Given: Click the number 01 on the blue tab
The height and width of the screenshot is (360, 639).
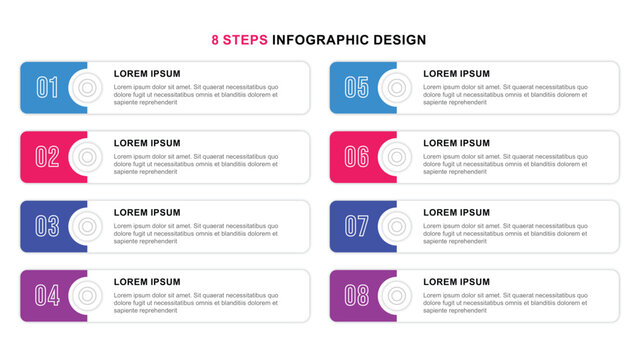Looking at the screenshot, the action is [x=47, y=88].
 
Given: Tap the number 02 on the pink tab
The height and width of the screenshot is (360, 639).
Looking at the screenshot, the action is [x=47, y=157].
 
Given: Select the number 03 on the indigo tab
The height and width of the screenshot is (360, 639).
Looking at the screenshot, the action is [x=47, y=226].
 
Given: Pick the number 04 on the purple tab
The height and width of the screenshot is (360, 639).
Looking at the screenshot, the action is [x=47, y=295].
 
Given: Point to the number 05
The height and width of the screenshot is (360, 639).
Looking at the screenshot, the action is [x=356, y=88].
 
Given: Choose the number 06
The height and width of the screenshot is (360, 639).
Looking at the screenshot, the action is [x=356, y=157].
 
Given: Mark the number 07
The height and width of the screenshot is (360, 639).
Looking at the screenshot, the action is [x=356, y=226].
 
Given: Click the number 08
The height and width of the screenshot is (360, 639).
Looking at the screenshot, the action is [x=356, y=295].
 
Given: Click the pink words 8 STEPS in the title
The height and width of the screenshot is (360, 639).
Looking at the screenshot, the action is [x=240, y=40].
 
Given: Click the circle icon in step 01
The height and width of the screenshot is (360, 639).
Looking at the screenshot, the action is [x=87, y=88].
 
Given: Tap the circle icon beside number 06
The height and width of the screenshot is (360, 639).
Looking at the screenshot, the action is [x=396, y=157].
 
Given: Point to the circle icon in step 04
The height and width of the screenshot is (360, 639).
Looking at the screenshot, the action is [x=87, y=295].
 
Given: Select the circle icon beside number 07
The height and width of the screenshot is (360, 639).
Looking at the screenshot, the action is [x=396, y=226].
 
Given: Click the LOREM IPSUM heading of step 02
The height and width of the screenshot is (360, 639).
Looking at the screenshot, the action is [x=147, y=143].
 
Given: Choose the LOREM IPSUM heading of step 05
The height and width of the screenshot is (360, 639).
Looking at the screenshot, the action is [x=456, y=74].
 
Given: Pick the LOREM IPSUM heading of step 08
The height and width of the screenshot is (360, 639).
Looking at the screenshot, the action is [x=456, y=282].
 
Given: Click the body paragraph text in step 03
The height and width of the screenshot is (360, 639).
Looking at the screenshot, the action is [x=195, y=233].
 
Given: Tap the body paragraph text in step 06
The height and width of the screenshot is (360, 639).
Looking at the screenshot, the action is [x=504, y=164].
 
